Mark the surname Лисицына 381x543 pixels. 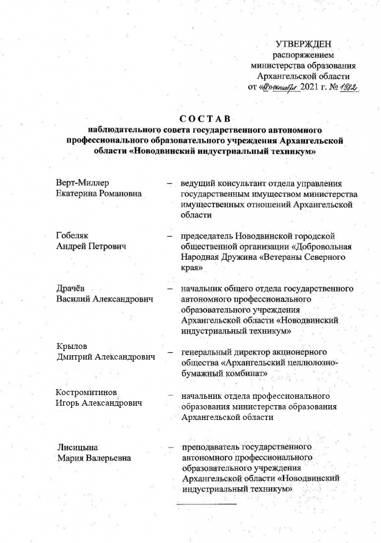78,448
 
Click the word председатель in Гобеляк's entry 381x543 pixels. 206,236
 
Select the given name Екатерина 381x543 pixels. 79,194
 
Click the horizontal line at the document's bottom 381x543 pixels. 206,502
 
